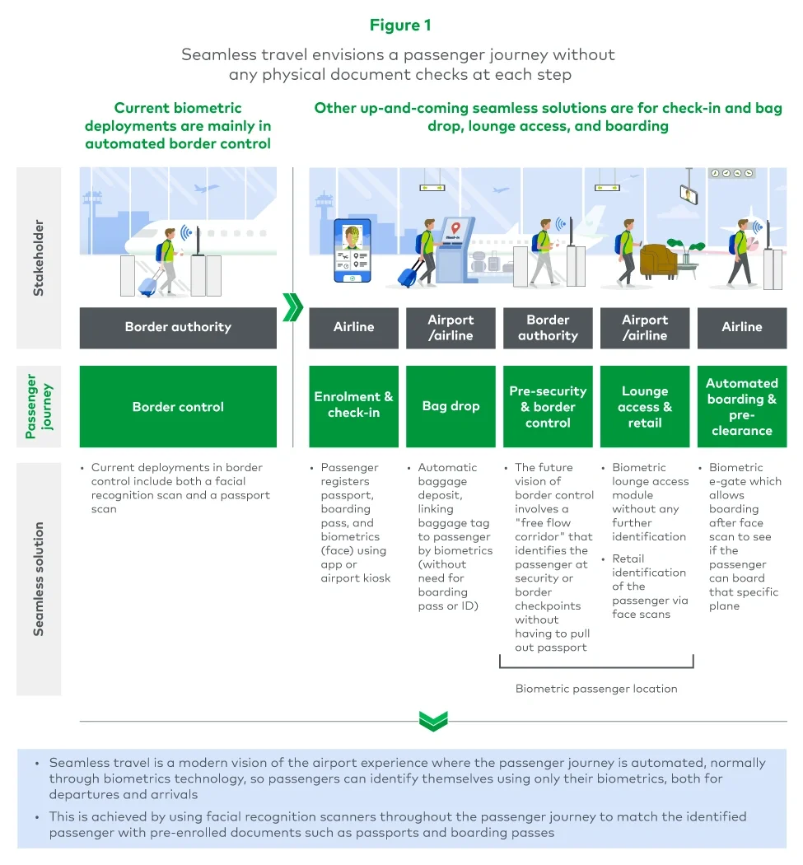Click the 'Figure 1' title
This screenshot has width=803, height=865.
[x=400, y=26]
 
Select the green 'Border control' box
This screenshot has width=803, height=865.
[x=178, y=407]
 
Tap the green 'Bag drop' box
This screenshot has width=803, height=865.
[x=451, y=407]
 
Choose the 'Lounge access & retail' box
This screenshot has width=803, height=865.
[x=645, y=407]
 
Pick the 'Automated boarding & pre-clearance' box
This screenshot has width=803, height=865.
[x=742, y=407]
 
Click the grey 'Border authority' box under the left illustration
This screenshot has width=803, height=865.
[x=178, y=327]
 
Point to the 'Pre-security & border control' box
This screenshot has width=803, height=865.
[x=548, y=407]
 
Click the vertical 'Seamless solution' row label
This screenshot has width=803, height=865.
[x=38, y=578]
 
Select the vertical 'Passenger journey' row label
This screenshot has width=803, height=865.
[x=38, y=407]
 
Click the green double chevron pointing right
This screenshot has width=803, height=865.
[x=292, y=306]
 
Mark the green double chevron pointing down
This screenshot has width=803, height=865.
[x=432, y=722]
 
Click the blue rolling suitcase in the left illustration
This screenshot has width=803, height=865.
[x=148, y=285]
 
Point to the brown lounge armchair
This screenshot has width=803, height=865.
[x=658, y=261]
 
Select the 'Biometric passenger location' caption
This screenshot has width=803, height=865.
[x=596, y=688]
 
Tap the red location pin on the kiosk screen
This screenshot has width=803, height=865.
[x=453, y=227]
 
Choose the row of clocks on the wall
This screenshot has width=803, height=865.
[x=731, y=173]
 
